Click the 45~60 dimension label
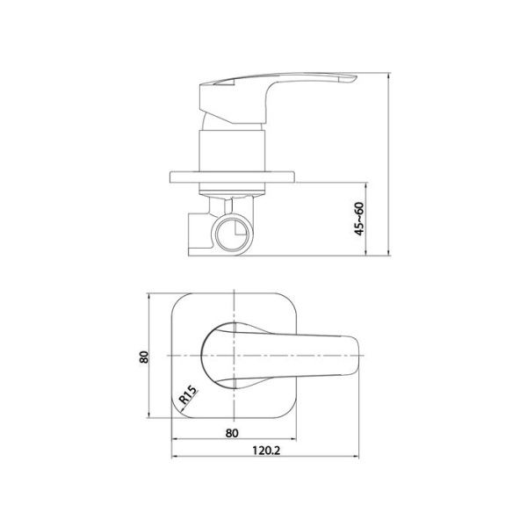(359, 219)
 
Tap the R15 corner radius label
(188, 395)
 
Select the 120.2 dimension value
(266, 450)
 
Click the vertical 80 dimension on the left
(144, 357)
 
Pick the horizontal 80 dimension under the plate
(232, 433)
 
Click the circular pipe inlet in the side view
(234, 234)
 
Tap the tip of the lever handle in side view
(357, 77)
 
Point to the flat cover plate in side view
(232, 177)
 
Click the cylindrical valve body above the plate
(232, 151)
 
